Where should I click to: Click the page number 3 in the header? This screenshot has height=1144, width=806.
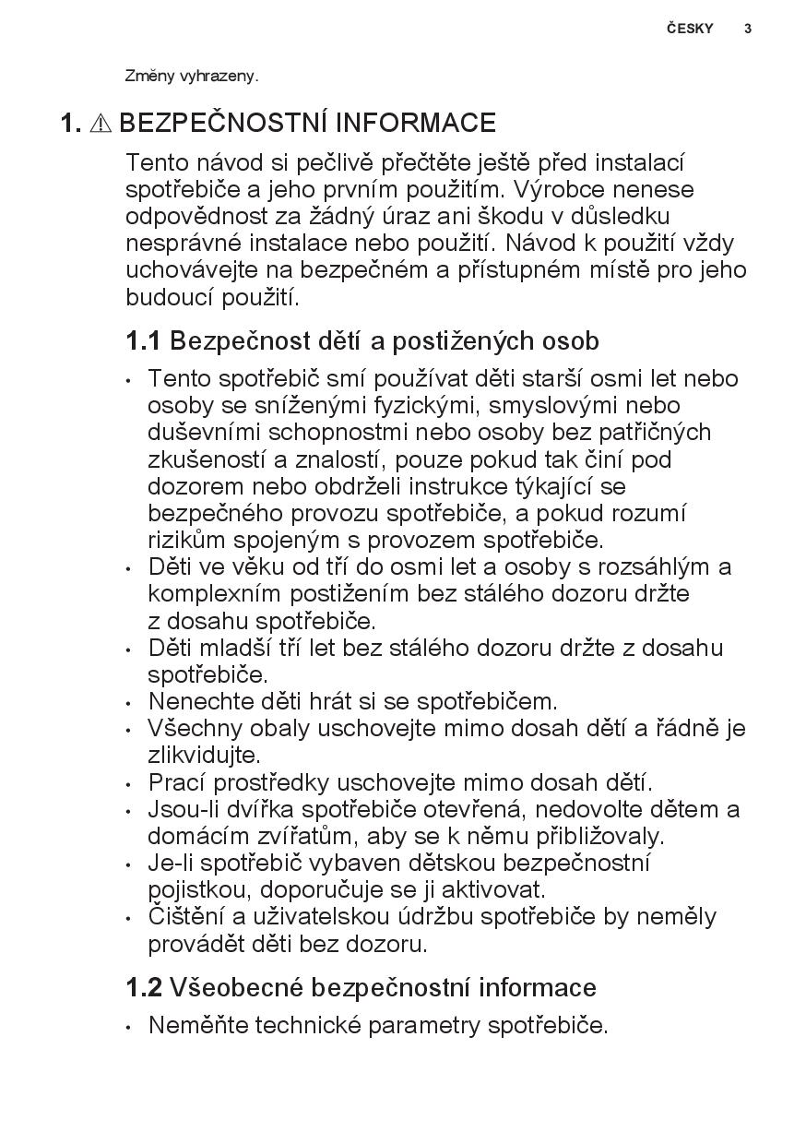748,29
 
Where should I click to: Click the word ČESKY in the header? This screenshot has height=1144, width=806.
690,29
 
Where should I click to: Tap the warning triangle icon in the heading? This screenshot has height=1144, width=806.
101,124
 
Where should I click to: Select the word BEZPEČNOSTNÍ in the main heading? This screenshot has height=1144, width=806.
224,124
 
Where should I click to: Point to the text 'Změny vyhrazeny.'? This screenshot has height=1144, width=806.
192,77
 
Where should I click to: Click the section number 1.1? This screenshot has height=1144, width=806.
143,341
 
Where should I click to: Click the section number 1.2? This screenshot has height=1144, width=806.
143,988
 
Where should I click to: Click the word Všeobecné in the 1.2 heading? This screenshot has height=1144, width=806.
237,988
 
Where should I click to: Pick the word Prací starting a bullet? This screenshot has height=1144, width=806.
177,783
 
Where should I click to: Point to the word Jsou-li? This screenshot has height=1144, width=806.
180,810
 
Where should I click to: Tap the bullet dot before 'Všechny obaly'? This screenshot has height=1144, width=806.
130,730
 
